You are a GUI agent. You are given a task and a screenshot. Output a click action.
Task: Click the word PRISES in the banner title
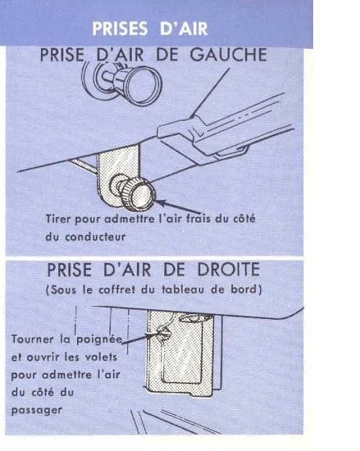click(x=120, y=29)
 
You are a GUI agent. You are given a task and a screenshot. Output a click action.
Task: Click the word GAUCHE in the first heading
click(x=228, y=54)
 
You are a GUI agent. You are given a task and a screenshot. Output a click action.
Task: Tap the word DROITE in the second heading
click(x=228, y=269)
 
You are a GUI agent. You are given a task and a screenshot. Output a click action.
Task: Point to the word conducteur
click(x=96, y=237)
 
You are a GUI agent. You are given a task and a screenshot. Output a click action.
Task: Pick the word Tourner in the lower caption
click(x=32, y=339)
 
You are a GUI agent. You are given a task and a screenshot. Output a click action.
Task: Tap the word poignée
click(x=99, y=339)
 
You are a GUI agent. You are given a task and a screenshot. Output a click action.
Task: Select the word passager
click(x=37, y=410)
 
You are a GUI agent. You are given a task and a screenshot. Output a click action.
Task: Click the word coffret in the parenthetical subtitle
click(x=117, y=290)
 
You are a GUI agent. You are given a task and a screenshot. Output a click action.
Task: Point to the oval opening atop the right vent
click(x=196, y=318)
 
